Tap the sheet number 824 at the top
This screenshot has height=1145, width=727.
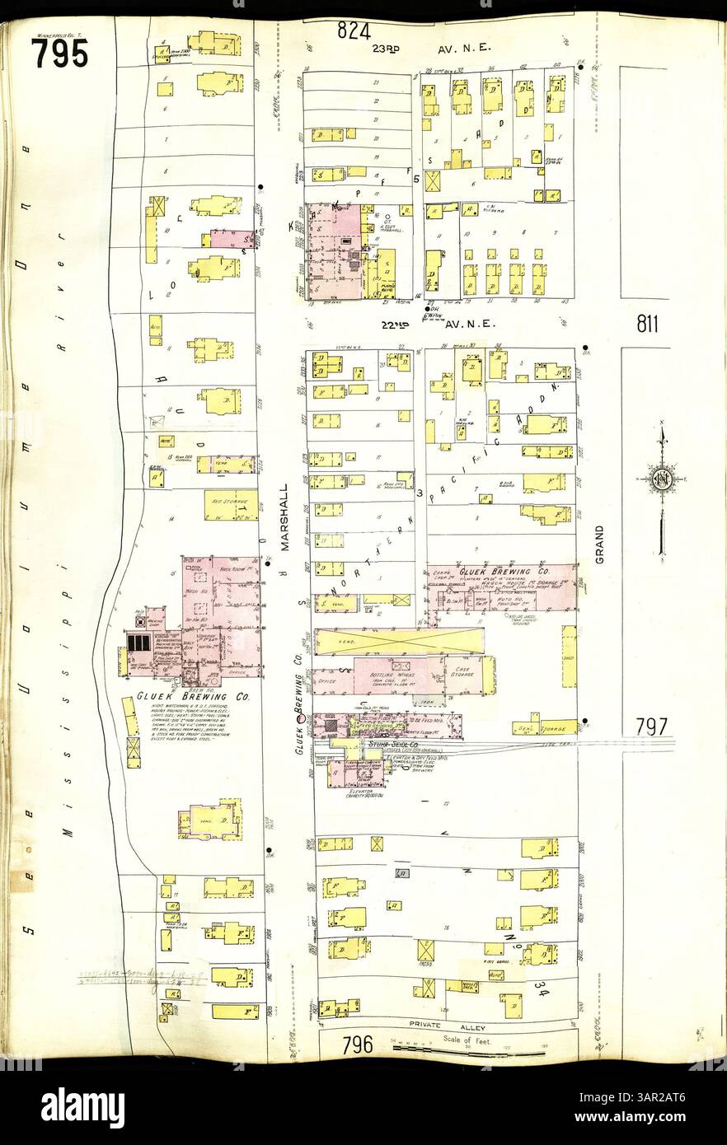[x=352, y=32]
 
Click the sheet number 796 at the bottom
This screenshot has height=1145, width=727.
[x=358, y=1045]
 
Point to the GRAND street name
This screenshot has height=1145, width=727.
[x=599, y=544]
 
